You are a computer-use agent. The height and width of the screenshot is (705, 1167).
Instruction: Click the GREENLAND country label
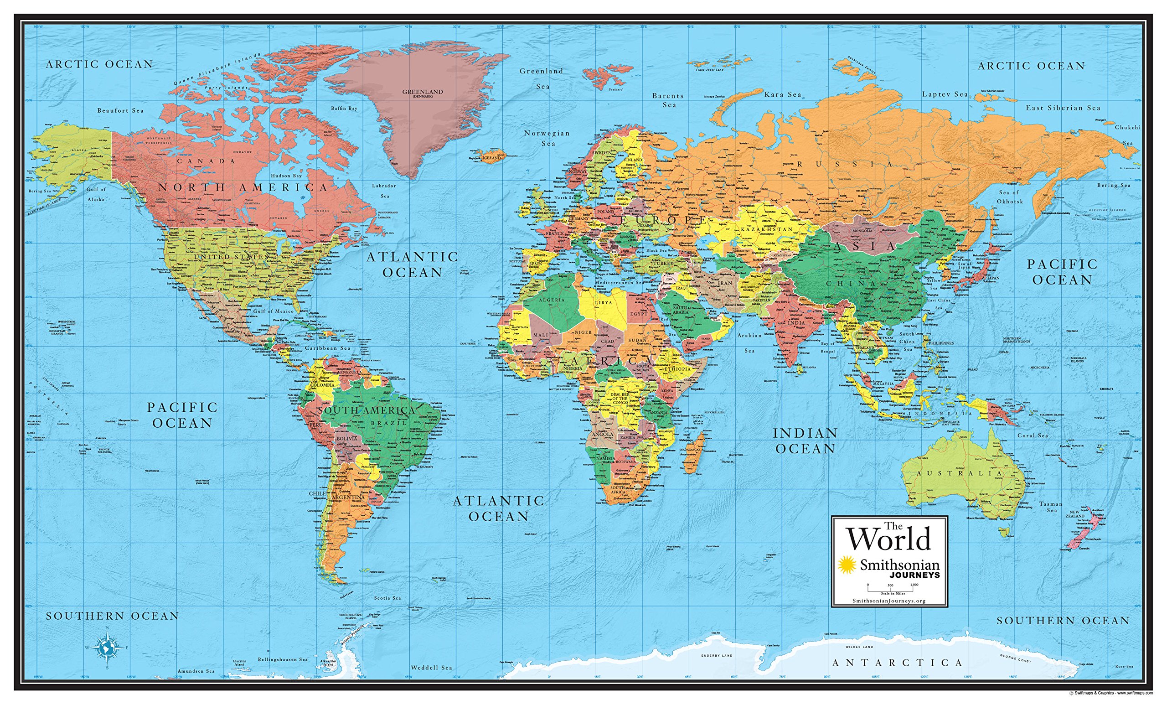pos(423,92)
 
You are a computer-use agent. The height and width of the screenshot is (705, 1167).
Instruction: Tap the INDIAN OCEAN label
pos(805,441)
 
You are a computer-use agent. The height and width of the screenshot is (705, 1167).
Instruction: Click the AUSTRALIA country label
pos(960,473)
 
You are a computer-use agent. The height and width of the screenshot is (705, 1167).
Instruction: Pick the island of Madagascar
pos(693,457)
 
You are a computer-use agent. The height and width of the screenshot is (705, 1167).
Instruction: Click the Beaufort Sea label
pos(120,110)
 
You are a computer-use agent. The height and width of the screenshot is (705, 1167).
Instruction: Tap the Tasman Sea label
pos(1051,507)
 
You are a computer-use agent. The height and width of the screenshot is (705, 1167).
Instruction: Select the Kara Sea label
pos(782,94)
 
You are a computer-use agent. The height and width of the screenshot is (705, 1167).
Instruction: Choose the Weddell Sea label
pos(431,667)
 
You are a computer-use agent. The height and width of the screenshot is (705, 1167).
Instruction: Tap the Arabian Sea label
pos(749,342)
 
